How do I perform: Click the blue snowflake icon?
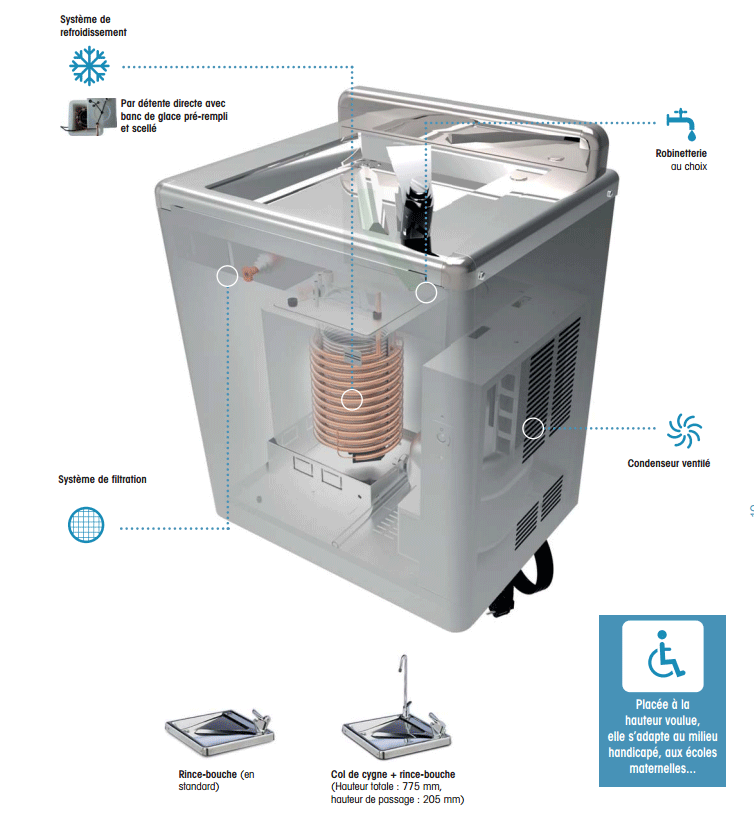pos(89,66)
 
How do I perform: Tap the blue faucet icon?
pos(681,124)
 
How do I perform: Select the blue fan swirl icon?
pos(685,430)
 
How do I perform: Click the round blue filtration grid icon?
pos(86,525)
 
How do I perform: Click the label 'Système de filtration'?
pos(102,479)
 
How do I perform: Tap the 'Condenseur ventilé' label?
pos(668,463)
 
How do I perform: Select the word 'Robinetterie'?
pos(681,153)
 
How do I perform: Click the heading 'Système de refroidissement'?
pos(93,25)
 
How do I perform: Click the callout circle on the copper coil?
pos(352,400)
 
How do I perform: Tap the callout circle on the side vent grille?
pos(533,428)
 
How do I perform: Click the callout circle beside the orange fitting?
pos(227,276)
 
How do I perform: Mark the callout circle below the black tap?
pos(426,292)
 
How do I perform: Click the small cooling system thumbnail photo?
pos(89,117)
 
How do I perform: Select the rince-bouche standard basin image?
pos(220,731)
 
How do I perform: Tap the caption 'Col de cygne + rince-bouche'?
pos(393,774)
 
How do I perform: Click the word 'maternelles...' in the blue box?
pos(663,768)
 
